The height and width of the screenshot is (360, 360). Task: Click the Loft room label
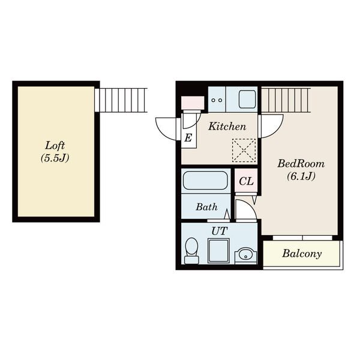(x=55, y=146)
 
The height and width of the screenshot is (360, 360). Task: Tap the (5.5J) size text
(x=55, y=158)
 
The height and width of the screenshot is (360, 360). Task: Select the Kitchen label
(x=227, y=127)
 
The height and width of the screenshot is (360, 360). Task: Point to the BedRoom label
(x=301, y=164)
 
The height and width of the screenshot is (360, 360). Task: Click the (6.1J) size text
(x=301, y=176)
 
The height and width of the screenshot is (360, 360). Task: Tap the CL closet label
(x=246, y=181)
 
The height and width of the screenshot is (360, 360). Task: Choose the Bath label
(x=206, y=207)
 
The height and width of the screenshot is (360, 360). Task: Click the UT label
(x=220, y=231)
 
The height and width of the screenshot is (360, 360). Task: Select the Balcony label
(x=302, y=253)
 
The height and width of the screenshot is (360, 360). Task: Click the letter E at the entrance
(x=188, y=138)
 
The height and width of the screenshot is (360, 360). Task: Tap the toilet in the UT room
(x=191, y=251)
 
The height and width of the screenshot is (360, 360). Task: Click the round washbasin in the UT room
(x=245, y=256)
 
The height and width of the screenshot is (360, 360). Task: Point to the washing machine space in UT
(x=218, y=251)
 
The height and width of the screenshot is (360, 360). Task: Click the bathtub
(x=205, y=181)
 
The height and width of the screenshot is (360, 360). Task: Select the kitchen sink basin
(x=247, y=99)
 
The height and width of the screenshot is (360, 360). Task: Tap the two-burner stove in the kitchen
(x=217, y=99)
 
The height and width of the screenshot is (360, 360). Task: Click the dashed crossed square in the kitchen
(x=244, y=151)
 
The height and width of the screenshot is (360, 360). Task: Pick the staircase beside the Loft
(x=121, y=100)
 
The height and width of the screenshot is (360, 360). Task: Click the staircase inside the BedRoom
(x=286, y=100)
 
